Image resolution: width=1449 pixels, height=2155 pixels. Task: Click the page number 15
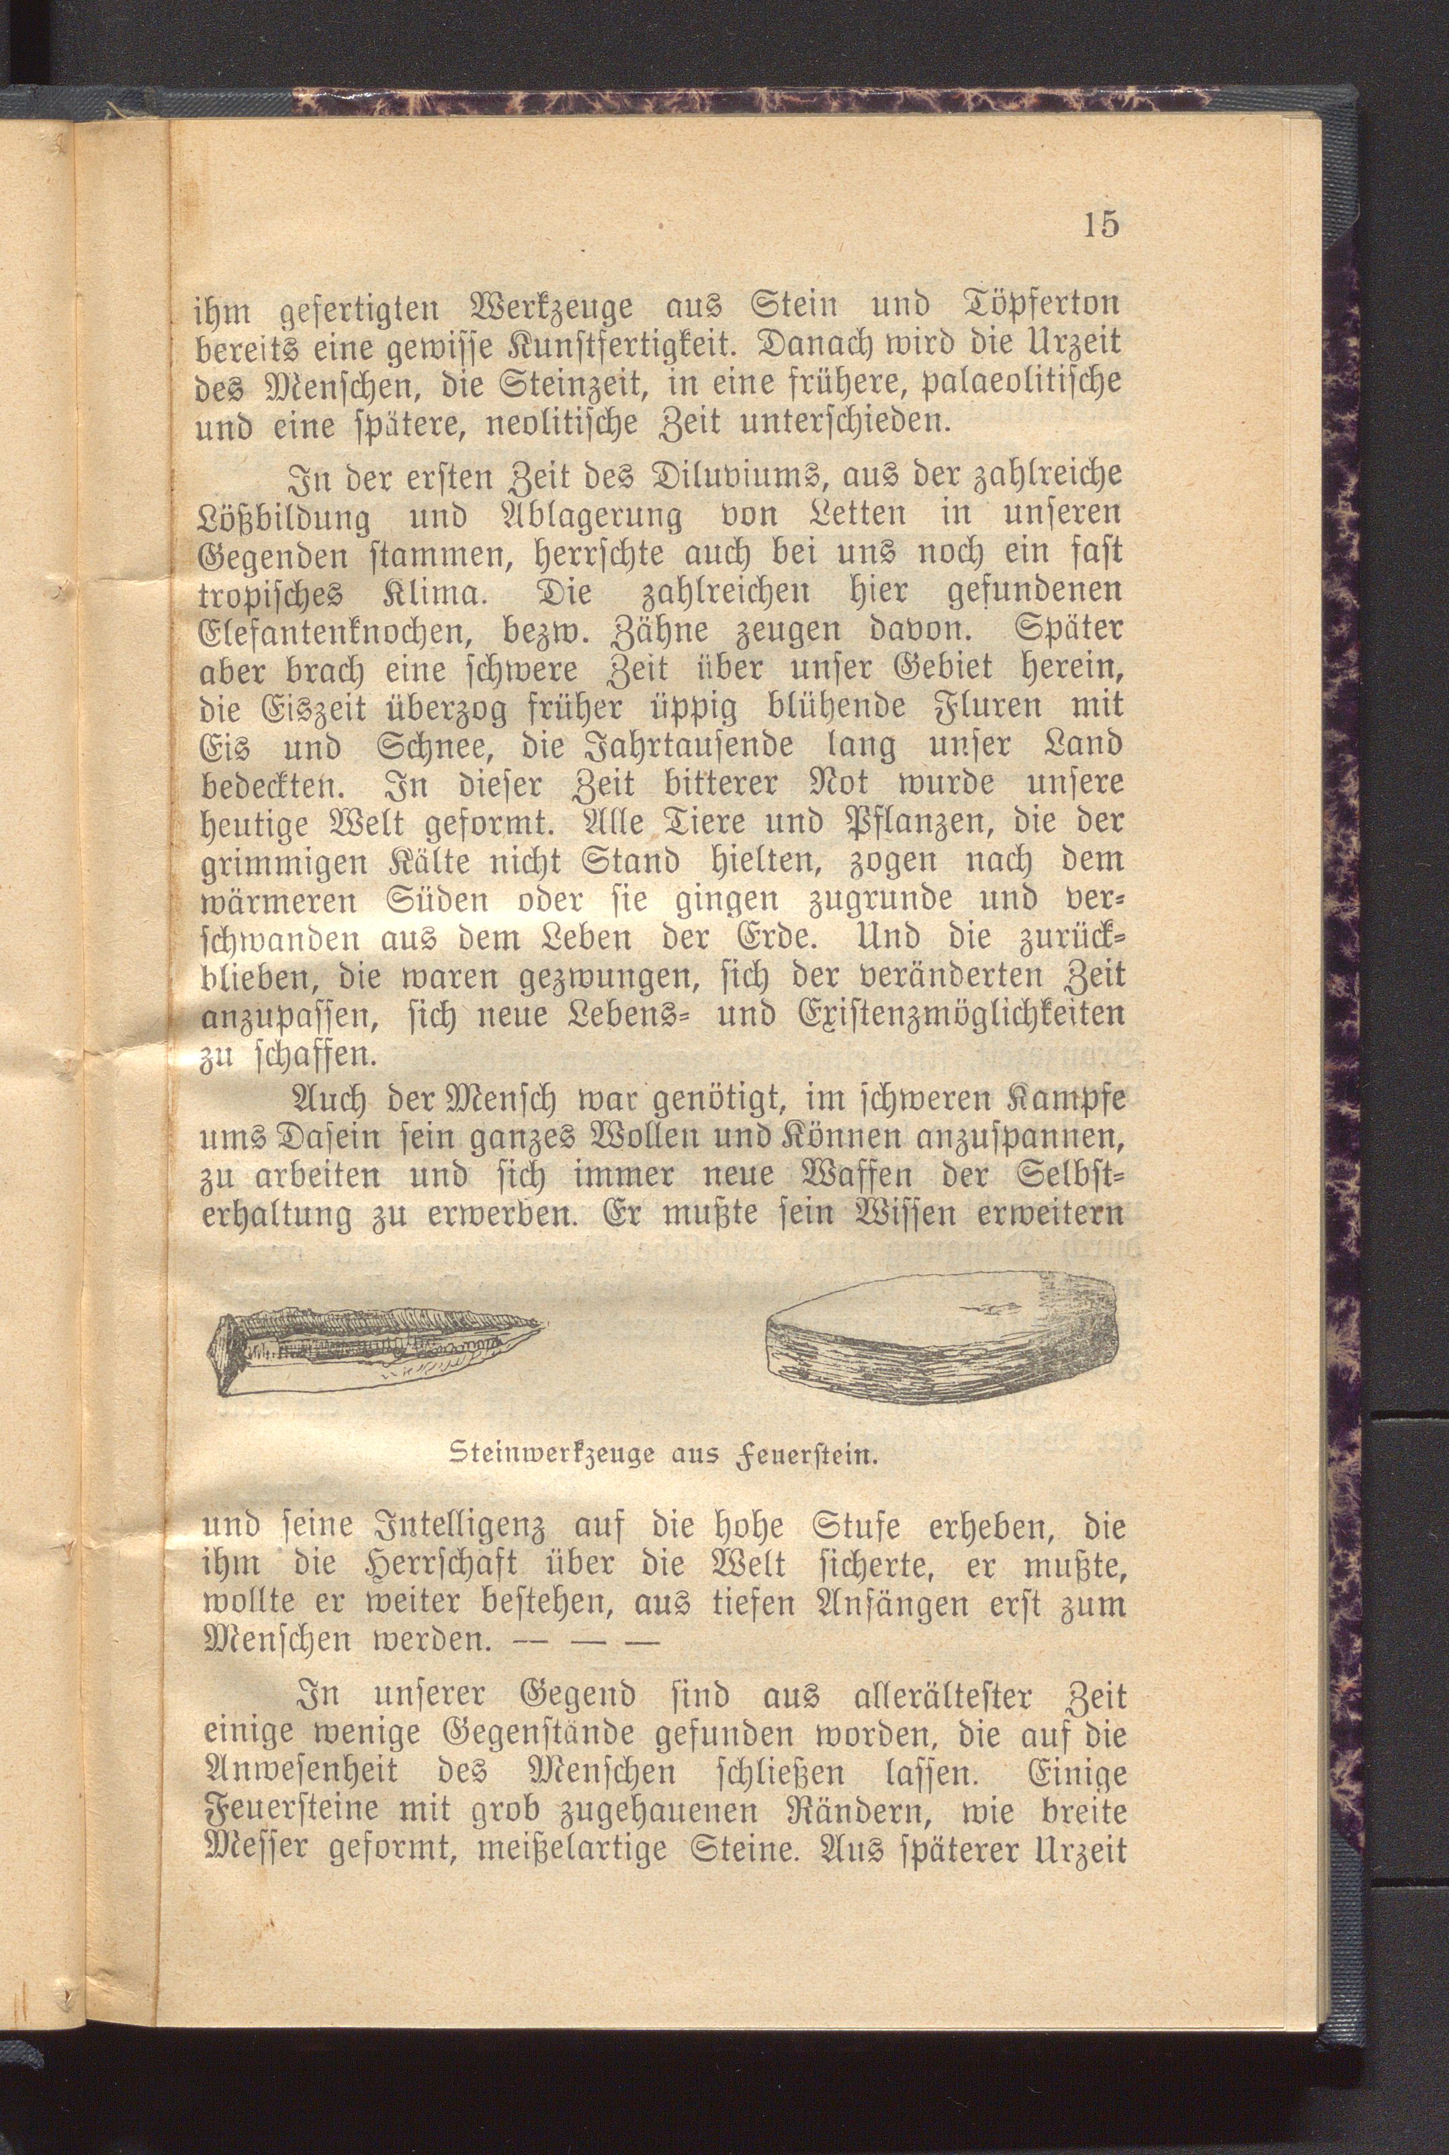pyautogui.click(x=1102, y=224)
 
